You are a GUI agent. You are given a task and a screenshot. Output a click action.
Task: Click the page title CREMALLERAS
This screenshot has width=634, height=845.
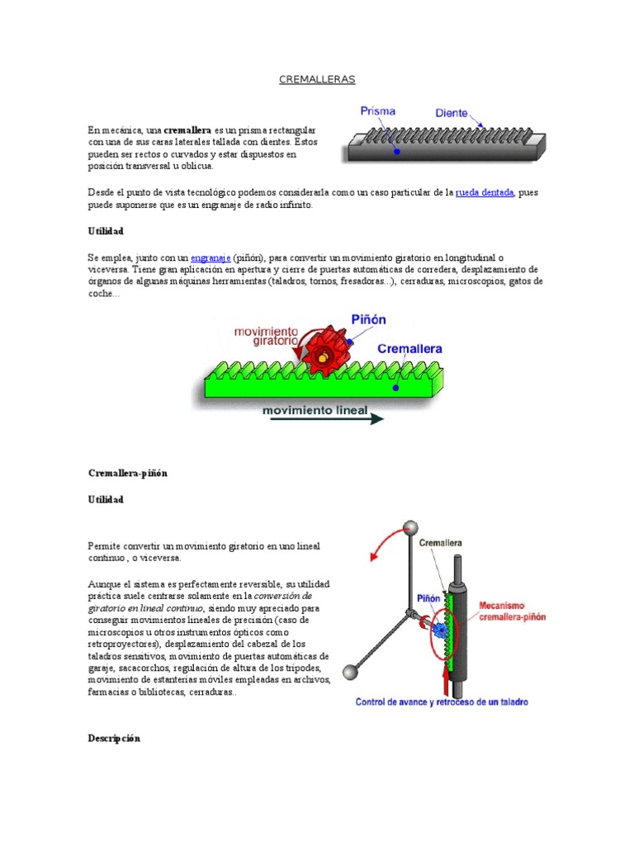[317, 79]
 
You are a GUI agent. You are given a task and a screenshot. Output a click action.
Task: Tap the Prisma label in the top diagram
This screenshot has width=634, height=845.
[377, 111]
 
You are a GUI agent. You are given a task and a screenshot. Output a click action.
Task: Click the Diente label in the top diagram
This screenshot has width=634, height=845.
[452, 113]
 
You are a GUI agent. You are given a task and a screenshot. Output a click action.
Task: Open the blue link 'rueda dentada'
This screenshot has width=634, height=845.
[485, 193]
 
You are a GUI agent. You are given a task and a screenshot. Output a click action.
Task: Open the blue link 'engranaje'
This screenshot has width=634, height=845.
[210, 257]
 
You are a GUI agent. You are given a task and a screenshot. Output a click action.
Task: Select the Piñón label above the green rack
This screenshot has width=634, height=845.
[369, 319]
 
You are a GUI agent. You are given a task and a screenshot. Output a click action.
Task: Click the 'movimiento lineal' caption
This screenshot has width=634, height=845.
[315, 410]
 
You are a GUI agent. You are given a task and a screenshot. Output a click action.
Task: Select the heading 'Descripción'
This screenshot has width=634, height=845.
[114, 739]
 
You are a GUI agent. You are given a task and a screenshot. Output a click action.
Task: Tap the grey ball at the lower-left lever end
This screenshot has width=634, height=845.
[350, 673]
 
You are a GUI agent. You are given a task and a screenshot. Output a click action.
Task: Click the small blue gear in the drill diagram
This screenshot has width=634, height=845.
[442, 629]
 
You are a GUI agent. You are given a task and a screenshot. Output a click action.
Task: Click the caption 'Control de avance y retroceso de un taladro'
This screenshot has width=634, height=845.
[442, 702]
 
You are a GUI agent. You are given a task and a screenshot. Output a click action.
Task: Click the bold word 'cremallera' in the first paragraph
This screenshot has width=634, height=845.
[187, 130]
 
